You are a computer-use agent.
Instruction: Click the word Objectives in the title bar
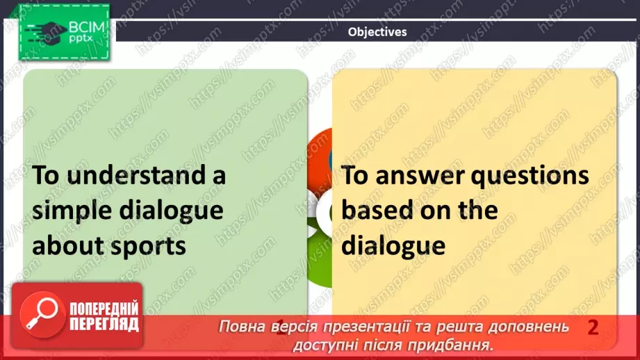377,32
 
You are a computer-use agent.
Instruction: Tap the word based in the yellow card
379,211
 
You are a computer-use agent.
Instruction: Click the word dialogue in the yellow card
393,245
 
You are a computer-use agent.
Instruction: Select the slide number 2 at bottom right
593,327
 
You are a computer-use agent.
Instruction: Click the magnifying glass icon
40,317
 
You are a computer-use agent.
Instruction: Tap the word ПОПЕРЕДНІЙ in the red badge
104,309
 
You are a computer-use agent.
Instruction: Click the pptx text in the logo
82,40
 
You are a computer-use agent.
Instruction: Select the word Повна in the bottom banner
241,327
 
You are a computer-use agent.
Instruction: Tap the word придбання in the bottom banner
456,344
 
